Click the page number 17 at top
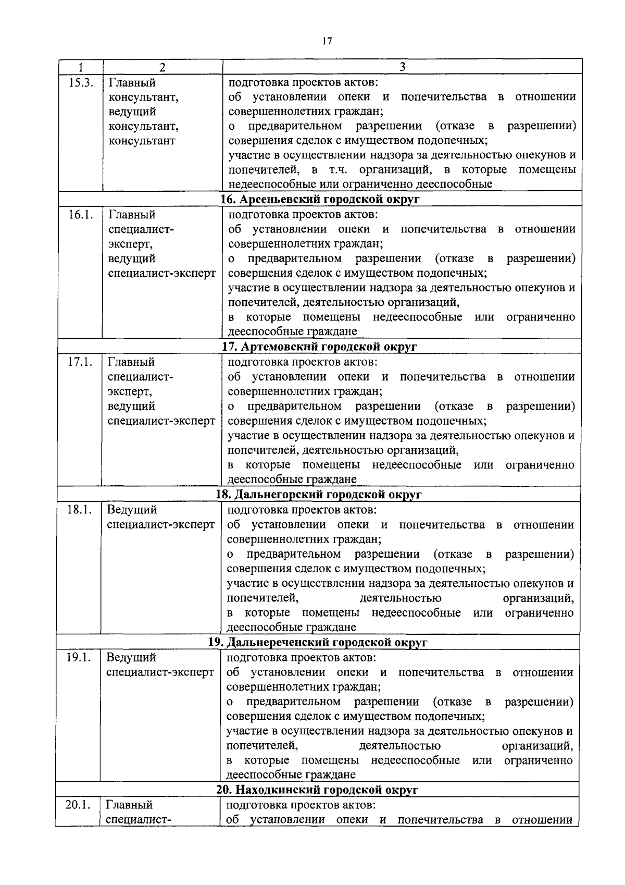click(x=327, y=41)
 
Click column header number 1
click(x=80, y=67)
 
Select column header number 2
click(x=162, y=67)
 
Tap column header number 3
click(x=402, y=66)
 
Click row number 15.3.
click(x=81, y=82)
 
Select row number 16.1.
click(x=80, y=215)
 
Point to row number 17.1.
click(x=80, y=362)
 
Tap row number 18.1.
click(x=79, y=510)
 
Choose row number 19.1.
click(x=79, y=657)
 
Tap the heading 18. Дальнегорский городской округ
click(x=319, y=495)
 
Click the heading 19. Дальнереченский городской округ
click(x=318, y=642)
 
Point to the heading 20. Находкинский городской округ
click(x=317, y=790)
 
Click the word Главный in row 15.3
click(x=132, y=82)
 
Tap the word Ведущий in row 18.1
click(x=131, y=510)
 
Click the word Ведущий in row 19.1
click(x=131, y=657)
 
